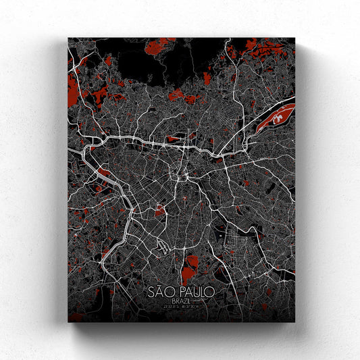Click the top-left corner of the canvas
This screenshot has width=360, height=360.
(x=68, y=38)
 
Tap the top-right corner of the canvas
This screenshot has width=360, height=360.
(x=295, y=38)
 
